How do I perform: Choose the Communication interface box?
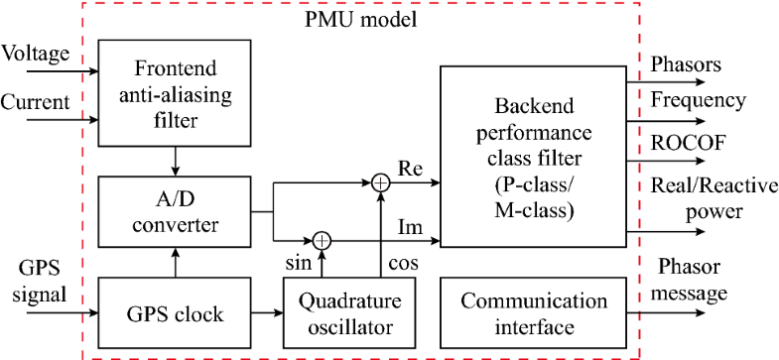pyautogui.click(x=534, y=314)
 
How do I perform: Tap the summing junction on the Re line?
pyautogui.click(x=379, y=184)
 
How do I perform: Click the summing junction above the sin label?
pyautogui.click(x=322, y=239)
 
